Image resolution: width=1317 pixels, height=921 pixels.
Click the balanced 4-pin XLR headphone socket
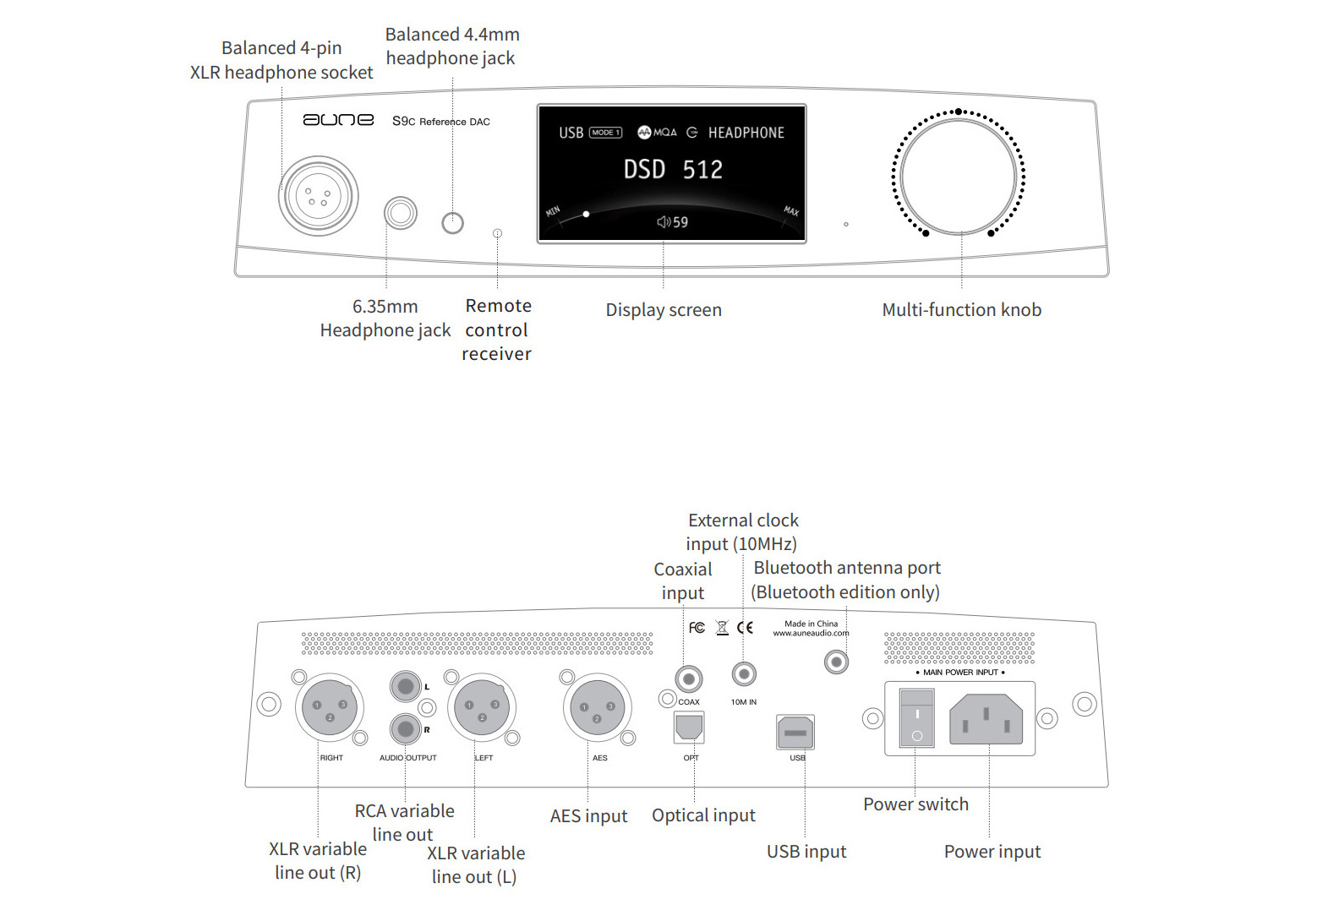tap(318, 196)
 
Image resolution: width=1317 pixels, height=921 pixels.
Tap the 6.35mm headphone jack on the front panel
tap(401, 213)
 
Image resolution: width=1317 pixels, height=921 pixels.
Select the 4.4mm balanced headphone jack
tap(453, 223)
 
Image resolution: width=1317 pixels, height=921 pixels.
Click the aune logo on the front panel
tap(338, 120)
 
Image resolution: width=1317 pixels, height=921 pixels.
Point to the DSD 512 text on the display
tap(673, 169)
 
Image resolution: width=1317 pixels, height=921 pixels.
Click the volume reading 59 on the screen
tap(680, 222)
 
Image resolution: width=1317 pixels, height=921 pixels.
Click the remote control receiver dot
tap(497, 233)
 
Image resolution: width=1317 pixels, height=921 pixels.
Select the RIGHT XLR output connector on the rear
tap(330, 707)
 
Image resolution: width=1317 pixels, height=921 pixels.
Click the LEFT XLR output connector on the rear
tap(482, 707)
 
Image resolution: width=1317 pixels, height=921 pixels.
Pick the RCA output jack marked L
tap(406, 686)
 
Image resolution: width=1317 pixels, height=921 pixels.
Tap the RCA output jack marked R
tap(406, 729)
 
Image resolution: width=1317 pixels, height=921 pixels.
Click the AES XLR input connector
tap(598, 707)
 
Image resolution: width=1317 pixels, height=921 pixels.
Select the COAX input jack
tap(689, 679)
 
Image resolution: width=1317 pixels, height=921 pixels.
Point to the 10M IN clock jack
tap(744, 673)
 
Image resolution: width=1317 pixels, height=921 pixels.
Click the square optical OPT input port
tap(689, 728)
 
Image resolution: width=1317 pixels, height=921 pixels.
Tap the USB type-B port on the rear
tap(795, 733)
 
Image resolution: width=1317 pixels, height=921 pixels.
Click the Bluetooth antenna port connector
tap(836, 662)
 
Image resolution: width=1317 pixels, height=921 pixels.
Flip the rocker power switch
tap(916, 718)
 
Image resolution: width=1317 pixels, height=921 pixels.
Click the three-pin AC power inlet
tap(986, 718)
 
